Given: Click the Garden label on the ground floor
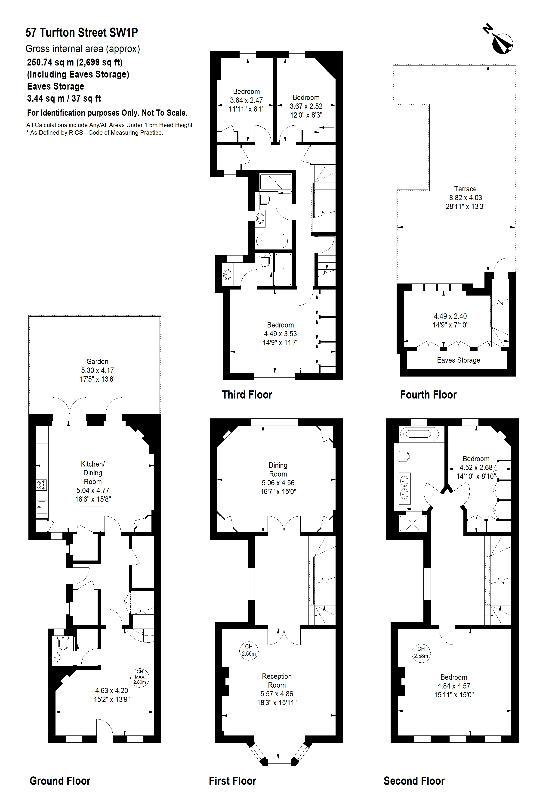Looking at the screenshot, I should click(x=98, y=361).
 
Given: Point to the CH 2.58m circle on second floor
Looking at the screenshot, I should click(x=421, y=652).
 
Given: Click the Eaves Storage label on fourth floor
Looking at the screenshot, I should click(x=458, y=360).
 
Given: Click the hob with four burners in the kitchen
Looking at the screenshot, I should click(x=41, y=485).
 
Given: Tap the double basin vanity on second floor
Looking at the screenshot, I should click(x=405, y=488).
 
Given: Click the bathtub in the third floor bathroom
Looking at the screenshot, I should click(x=272, y=241).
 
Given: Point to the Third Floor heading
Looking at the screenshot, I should click(x=247, y=395).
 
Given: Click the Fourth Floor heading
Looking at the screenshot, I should click(x=428, y=395).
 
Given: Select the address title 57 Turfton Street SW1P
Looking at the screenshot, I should click(x=81, y=33).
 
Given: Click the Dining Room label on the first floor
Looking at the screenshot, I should click(x=278, y=470).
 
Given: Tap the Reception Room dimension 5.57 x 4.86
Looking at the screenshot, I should click(x=277, y=694).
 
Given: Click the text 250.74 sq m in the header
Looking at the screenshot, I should click(x=50, y=62).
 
